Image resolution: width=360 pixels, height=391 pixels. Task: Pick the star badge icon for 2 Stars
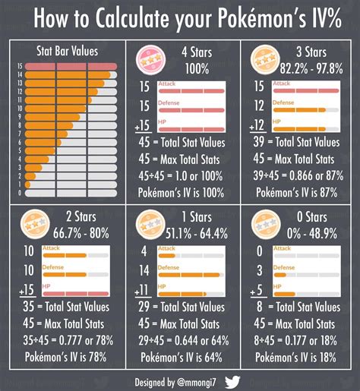click(30, 224)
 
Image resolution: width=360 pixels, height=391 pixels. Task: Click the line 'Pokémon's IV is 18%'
click(297, 355)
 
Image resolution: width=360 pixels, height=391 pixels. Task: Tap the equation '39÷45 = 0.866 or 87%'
click(297, 175)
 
